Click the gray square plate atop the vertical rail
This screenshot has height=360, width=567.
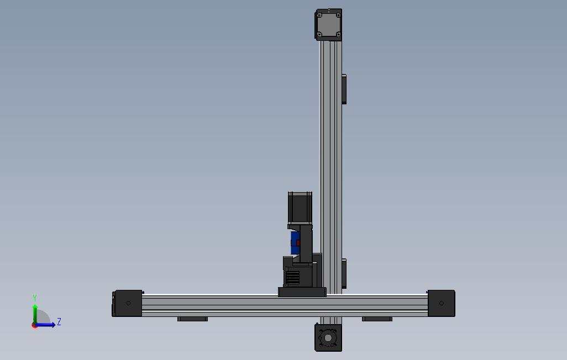click(x=329, y=25)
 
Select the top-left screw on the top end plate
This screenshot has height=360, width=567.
click(x=319, y=15)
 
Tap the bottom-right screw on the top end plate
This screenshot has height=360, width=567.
click(x=338, y=34)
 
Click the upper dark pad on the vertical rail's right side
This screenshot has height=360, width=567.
click(x=344, y=89)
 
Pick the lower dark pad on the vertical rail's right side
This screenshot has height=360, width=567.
click(x=344, y=273)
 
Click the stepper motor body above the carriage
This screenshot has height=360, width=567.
click(x=300, y=208)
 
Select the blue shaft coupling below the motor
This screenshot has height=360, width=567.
click(x=294, y=243)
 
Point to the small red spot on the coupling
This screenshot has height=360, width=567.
click(x=298, y=243)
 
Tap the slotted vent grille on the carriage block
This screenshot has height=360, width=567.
click(x=292, y=277)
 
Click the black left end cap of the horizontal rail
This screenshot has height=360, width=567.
click(x=128, y=303)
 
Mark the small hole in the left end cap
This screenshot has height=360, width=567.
click(x=129, y=303)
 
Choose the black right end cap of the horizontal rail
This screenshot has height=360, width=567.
click(x=441, y=303)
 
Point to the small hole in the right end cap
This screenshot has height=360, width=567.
click(x=441, y=303)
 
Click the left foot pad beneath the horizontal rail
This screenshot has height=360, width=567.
click(x=192, y=319)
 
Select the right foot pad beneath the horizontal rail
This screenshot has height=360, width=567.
click(x=377, y=319)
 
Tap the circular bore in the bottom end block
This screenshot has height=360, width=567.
click(x=329, y=337)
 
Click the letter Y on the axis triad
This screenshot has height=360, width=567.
click(x=35, y=298)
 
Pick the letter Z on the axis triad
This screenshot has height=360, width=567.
click(x=59, y=321)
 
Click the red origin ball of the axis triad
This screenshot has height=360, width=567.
click(x=35, y=325)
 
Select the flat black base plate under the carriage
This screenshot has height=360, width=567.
click(x=302, y=292)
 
